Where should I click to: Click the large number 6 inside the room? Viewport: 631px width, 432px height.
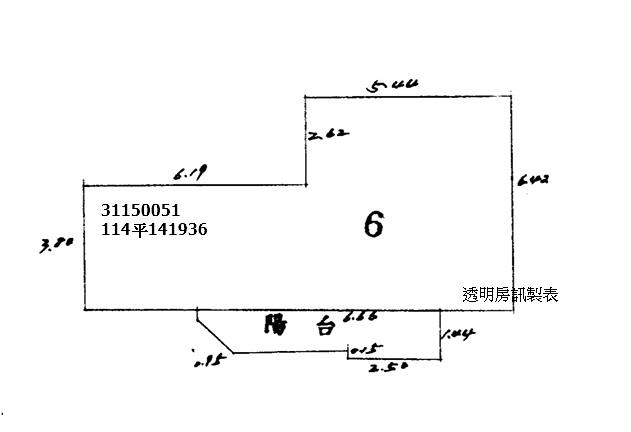373,224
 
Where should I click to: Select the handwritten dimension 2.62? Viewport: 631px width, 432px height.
330,134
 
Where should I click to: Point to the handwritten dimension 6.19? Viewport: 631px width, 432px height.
189,175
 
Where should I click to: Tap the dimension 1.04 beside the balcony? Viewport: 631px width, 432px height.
457,333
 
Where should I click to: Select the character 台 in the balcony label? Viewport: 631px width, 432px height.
324,327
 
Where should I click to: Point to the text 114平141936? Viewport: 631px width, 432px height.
154,228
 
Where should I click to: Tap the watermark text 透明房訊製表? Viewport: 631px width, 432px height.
510,294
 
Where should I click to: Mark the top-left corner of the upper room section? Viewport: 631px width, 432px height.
304,97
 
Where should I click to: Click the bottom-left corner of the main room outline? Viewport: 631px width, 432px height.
84,310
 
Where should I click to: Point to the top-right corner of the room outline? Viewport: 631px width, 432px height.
512,97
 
